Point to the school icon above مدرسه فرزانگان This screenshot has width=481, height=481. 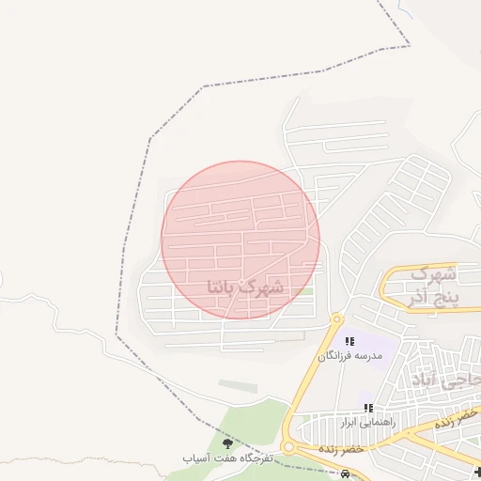point(349,342)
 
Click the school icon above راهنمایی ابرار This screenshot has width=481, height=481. point(368,408)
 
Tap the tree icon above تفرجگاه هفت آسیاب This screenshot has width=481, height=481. point(226,442)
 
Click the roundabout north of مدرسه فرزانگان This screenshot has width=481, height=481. point(336,319)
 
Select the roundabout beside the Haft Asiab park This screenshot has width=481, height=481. point(289,447)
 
